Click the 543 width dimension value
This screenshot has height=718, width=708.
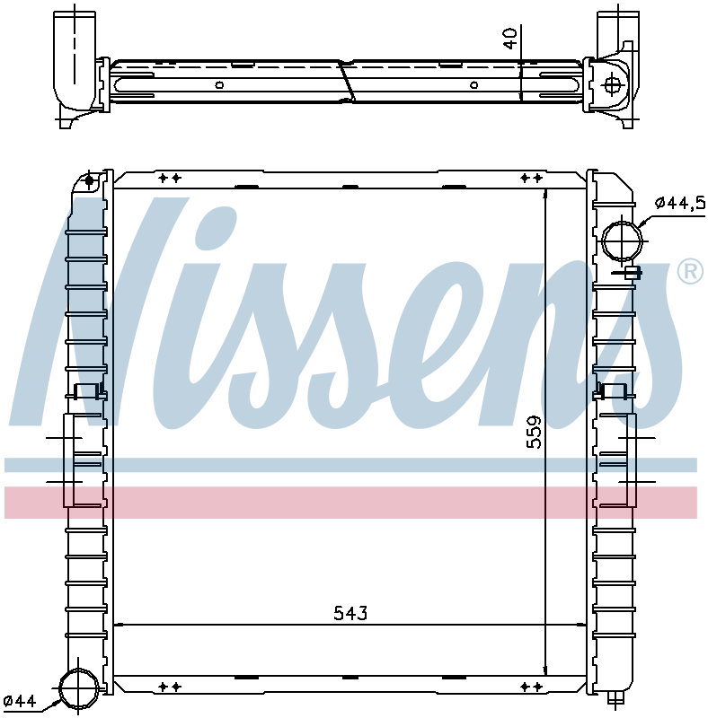[350, 614]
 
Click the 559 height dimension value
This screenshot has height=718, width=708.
[534, 433]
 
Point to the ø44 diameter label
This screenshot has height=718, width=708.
[19, 701]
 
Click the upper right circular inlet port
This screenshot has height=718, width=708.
[622, 240]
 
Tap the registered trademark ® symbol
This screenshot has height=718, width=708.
[689, 271]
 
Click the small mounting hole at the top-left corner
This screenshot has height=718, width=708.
[90, 181]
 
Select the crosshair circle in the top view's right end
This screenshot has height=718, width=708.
[613, 85]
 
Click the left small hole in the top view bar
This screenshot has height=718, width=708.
[219, 86]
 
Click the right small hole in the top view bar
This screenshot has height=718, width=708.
[473, 86]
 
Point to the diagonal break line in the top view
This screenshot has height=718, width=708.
[346, 81]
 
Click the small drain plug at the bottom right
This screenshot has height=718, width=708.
[615, 699]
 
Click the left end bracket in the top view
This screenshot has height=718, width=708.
[81, 63]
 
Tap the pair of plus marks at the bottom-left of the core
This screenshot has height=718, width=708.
[170, 687]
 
